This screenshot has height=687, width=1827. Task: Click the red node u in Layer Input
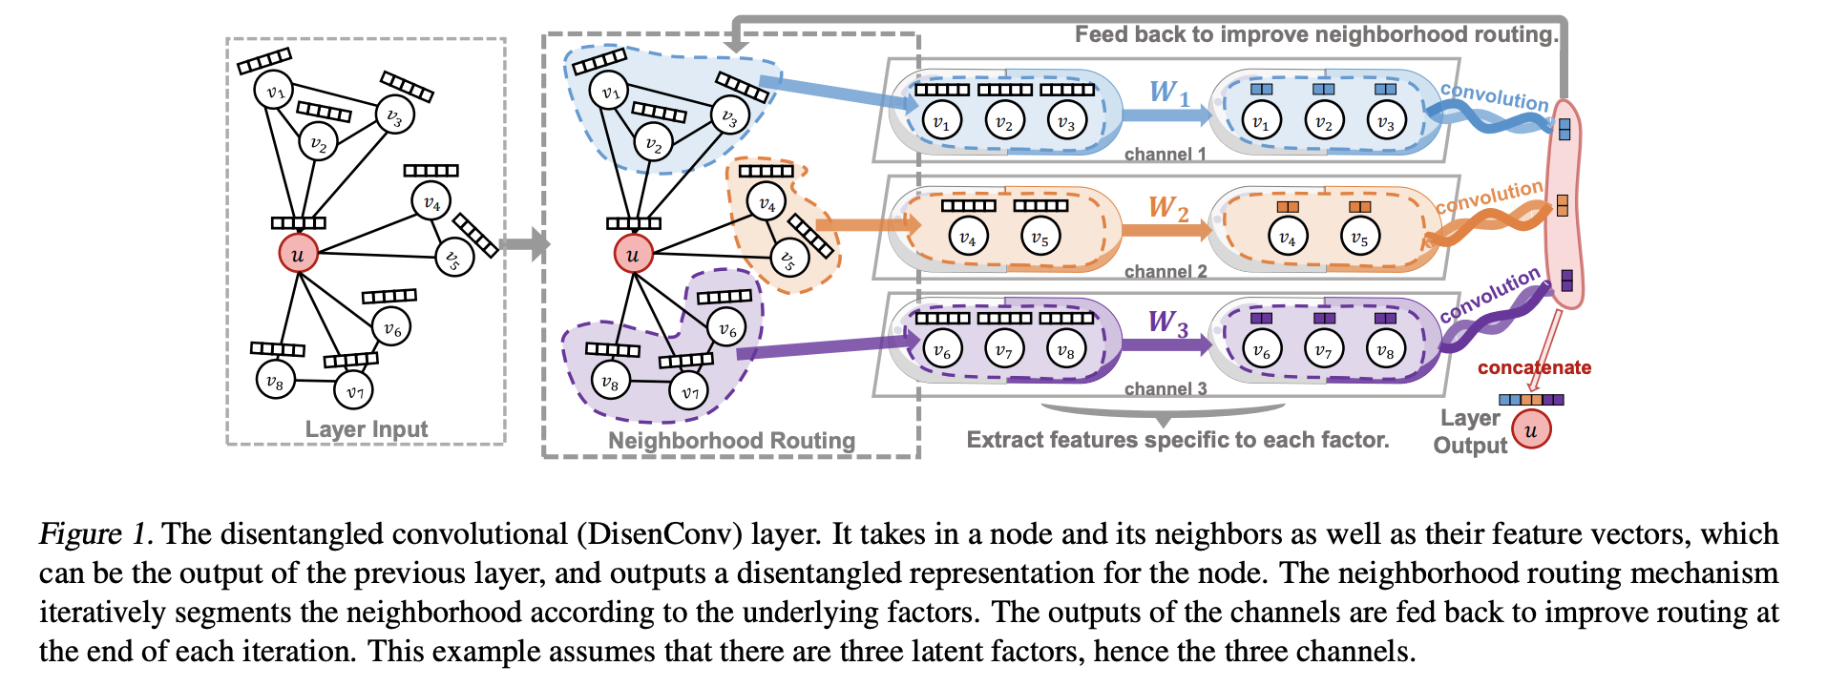click(298, 254)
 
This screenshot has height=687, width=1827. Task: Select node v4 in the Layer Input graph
click(431, 202)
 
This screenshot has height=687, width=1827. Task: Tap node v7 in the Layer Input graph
click(354, 390)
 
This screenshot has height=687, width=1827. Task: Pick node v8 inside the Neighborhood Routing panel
click(610, 382)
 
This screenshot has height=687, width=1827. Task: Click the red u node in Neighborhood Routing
click(633, 254)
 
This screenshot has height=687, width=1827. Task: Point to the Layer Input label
click(367, 429)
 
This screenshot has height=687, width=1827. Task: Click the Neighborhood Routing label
click(731, 440)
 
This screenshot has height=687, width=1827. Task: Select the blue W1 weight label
click(1169, 93)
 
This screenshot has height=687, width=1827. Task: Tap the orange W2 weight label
click(1168, 208)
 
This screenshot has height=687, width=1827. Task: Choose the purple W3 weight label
click(1168, 323)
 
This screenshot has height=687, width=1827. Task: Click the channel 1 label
click(1165, 154)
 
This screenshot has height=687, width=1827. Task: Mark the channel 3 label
click(1165, 388)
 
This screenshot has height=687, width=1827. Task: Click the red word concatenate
click(1534, 367)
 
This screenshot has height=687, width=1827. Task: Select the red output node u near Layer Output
click(1531, 429)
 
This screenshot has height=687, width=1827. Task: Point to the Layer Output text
click(1471, 431)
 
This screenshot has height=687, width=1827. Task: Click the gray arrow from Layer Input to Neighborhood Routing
click(525, 243)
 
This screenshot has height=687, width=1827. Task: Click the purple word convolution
click(1489, 294)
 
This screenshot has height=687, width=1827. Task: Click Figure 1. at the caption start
click(95, 533)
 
